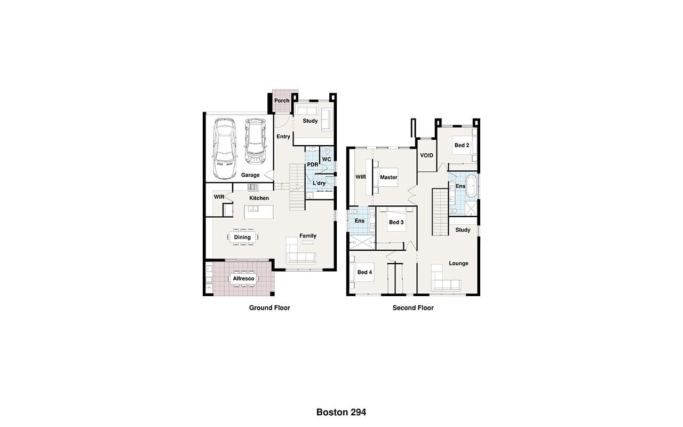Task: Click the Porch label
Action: (282, 100)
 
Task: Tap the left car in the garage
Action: (225, 148)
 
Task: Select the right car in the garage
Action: (255, 141)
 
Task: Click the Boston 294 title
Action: (341, 412)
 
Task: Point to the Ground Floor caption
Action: (269, 308)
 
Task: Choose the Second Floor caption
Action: (413, 308)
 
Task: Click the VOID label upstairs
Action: (426, 155)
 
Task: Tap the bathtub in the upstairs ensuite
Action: (471, 185)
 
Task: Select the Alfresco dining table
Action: (243, 279)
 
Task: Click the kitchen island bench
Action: (259, 212)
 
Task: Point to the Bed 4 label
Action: (364, 272)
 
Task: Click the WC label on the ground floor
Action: (327, 159)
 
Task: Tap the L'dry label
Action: (319, 183)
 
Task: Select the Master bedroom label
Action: (388, 177)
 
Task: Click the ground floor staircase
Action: (297, 187)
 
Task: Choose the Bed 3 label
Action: (396, 222)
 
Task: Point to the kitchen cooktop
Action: (253, 187)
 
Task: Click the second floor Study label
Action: (463, 230)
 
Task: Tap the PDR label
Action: (313, 164)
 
